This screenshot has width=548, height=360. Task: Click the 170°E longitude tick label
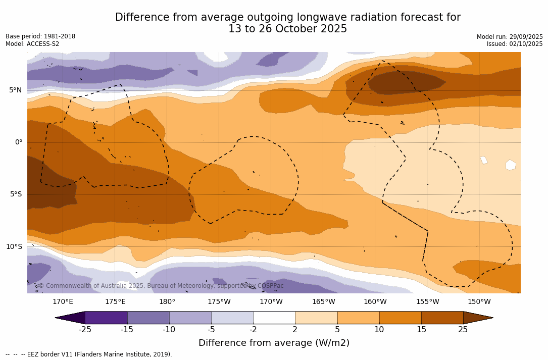[63, 302]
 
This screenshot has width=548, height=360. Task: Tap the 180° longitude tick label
[167, 302]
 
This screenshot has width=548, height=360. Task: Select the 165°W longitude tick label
[323, 302]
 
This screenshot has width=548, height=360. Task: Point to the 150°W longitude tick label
[479, 302]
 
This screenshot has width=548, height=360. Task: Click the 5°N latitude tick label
[15, 90]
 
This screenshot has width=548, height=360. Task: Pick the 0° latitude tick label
[18, 142]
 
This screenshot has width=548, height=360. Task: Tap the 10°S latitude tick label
[14, 247]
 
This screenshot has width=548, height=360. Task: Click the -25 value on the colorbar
[85, 330]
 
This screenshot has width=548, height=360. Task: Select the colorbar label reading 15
[421, 330]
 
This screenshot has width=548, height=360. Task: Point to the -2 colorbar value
[253, 330]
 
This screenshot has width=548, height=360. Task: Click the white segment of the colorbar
[274, 318]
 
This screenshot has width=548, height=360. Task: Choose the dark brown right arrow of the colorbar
[477, 318]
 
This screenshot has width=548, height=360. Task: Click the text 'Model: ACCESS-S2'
[32, 44]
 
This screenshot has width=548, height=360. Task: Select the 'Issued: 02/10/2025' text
[515, 44]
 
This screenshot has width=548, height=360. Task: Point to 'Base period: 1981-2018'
[40, 36]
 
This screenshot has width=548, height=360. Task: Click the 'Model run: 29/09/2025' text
[510, 37]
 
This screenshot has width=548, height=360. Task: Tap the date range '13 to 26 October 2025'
[287, 29]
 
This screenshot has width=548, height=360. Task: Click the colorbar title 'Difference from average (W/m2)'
[274, 343]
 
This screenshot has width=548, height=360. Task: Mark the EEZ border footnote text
[89, 354]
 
